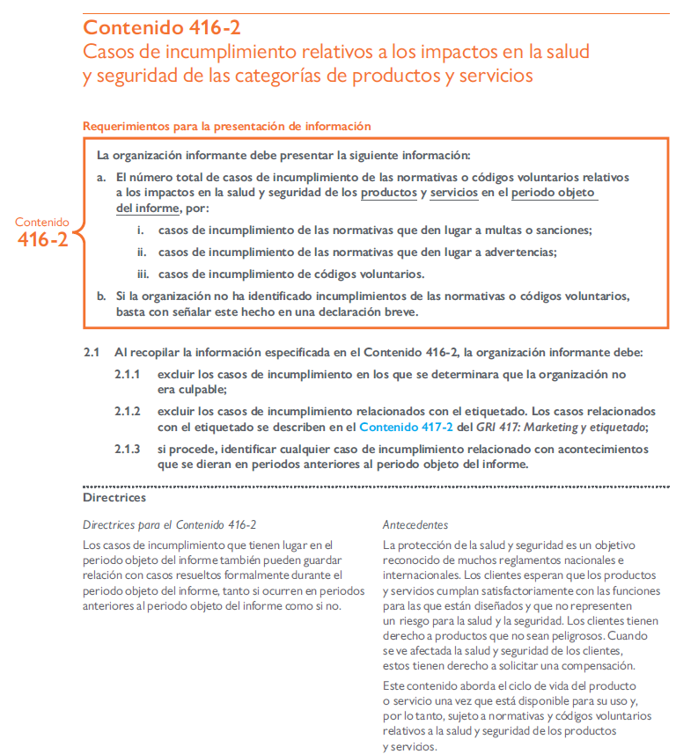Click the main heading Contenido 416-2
(162, 26)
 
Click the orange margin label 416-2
(42, 239)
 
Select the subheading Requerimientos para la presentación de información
(227, 126)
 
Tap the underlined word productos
(388, 193)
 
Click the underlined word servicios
(454, 193)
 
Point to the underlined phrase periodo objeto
(554, 193)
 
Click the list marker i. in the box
(140, 231)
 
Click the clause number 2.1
(92, 352)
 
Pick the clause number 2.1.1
(127, 374)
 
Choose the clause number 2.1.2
(127, 411)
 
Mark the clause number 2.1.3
(127, 449)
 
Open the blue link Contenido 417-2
(406, 427)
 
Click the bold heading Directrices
(114, 498)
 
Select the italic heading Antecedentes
(415, 524)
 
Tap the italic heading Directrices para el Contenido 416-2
(169, 524)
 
